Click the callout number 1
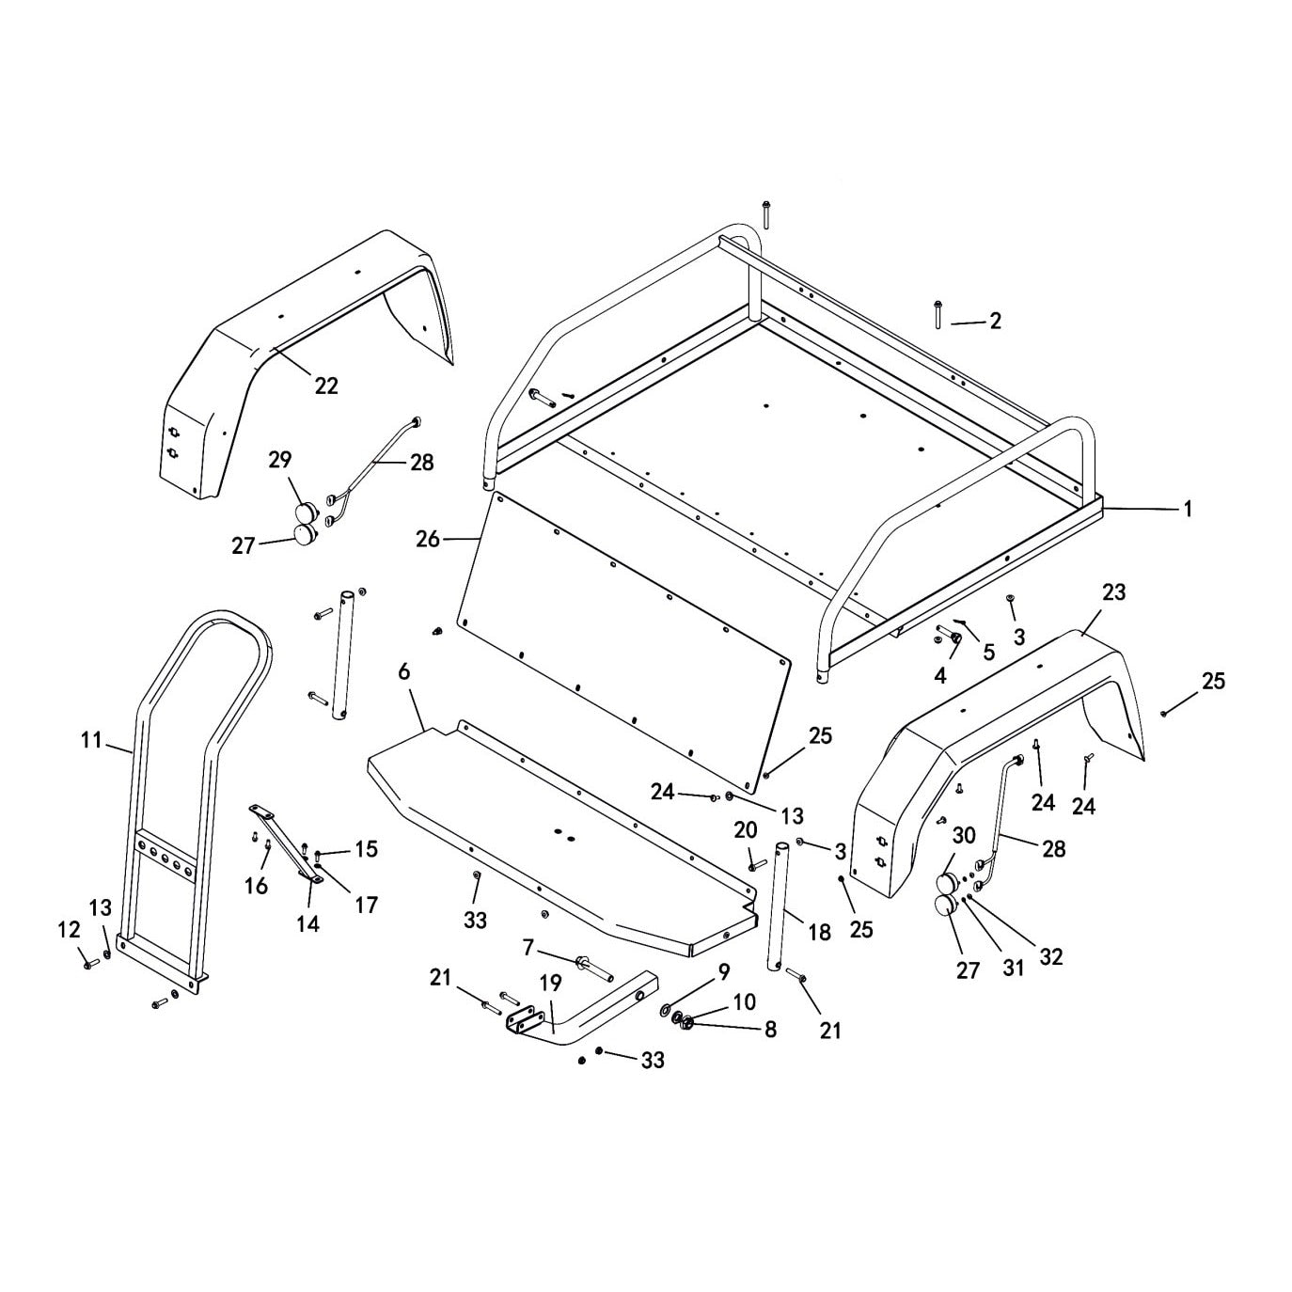pyautogui.click(x=1188, y=509)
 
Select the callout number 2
pyautogui.click(x=995, y=322)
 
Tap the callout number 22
pyautogui.click(x=326, y=386)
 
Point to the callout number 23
pyautogui.click(x=1113, y=592)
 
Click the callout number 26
pyautogui.click(x=428, y=539)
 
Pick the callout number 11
pyautogui.click(x=92, y=741)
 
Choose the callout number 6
pyautogui.click(x=403, y=671)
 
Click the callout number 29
pyautogui.click(x=280, y=460)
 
